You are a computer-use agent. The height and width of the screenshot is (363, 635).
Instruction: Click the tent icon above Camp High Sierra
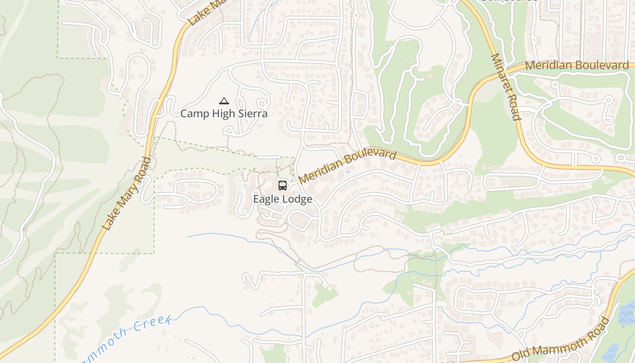[x=224, y=101]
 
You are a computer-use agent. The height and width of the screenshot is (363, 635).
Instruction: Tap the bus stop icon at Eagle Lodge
[x=282, y=185]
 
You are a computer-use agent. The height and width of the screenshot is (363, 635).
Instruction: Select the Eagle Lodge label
[x=283, y=199]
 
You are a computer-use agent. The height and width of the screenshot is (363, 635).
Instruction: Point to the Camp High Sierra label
[x=224, y=113]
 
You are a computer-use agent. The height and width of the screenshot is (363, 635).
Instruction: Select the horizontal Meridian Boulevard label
[x=576, y=65]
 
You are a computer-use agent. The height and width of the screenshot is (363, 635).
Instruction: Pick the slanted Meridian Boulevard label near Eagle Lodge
[x=347, y=167]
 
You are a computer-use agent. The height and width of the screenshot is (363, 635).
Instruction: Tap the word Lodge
[x=298, y=199]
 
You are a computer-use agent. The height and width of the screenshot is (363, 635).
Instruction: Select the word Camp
[x=191, y=113]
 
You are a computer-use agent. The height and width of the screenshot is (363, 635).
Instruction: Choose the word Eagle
[x=266, y=199]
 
